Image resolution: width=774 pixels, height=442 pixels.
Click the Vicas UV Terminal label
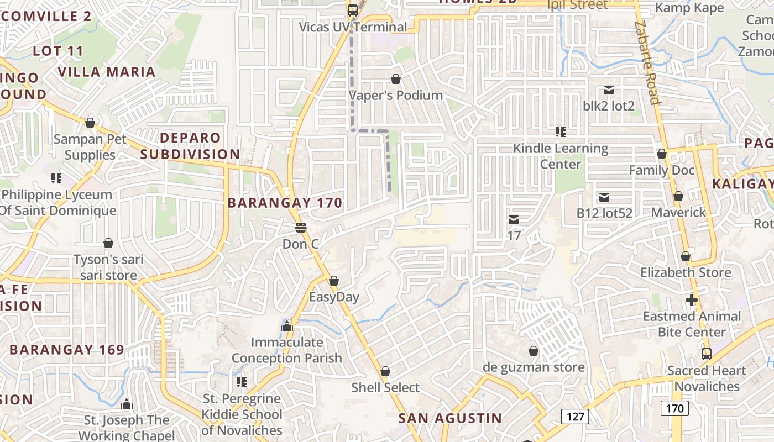[x=353, y=27]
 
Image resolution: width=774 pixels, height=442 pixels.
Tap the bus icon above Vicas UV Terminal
[x=352, y=10]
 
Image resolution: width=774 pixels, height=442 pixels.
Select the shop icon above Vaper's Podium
[x=396, y=79]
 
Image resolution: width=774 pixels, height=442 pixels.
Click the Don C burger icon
[x=301, y=227]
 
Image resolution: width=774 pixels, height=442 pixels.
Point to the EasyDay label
[x=334, y=297]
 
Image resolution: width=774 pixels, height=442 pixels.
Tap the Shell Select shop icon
[x=385, y=371]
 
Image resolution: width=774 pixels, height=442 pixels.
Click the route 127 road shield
[x=575, y=417]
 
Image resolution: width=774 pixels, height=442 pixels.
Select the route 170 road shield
[x=674, y=409]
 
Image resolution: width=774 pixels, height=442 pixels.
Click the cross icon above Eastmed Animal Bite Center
[x=691, y=300]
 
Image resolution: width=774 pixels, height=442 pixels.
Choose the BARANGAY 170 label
[x=285, y=203]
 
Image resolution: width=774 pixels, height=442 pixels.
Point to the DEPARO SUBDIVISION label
[x=190, y=146]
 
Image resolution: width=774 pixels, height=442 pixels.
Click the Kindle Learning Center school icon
[x=561, y=131]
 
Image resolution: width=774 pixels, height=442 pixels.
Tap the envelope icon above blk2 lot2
[x=609, y=90]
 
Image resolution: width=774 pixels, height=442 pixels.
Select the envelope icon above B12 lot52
[x=604, y=197]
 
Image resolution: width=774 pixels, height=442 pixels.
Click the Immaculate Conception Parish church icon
[x=286, y=326]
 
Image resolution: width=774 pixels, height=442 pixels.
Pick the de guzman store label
[x=534, y=367]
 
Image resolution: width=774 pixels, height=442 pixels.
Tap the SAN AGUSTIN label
[x=450, y=418]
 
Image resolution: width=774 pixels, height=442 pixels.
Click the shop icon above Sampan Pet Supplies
[x=90, y=122]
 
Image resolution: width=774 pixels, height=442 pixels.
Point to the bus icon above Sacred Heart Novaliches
[x=706, y=354]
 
